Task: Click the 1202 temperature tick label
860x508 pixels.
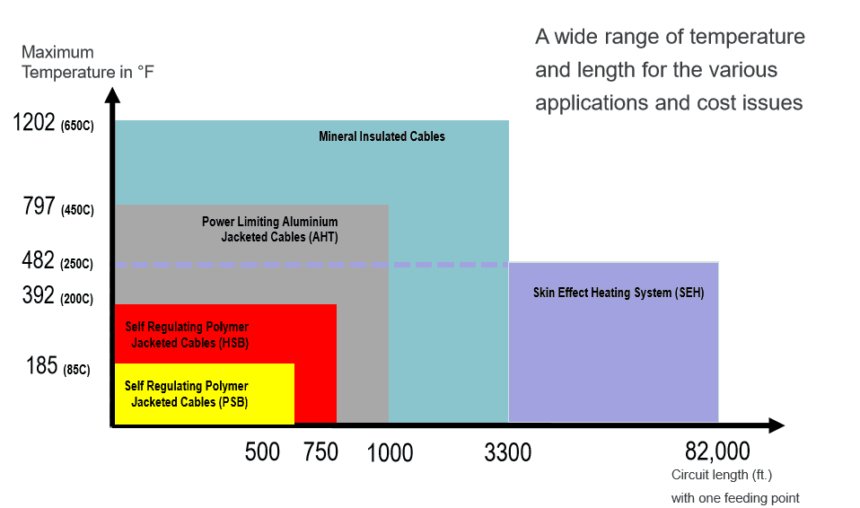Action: click(x=34, y=123)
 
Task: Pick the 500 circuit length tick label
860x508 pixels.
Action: click(x=262, y=452)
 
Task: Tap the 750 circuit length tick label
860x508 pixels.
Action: click(x=320, y=452)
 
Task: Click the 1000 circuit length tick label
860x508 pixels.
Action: click(x=391, y=453)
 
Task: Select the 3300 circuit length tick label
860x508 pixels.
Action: click(x=507, y=453)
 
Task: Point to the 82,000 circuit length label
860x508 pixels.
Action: click(x=716, y=451)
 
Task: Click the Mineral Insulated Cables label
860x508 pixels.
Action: click(x=382, y=136)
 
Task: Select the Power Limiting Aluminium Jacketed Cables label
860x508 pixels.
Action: click(x=269, y=230)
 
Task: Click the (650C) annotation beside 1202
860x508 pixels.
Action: click(x=76, y=126)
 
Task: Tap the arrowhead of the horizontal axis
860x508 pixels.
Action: click(x=777, y=425)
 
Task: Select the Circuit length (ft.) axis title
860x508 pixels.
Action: click(x=722, y=475)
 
